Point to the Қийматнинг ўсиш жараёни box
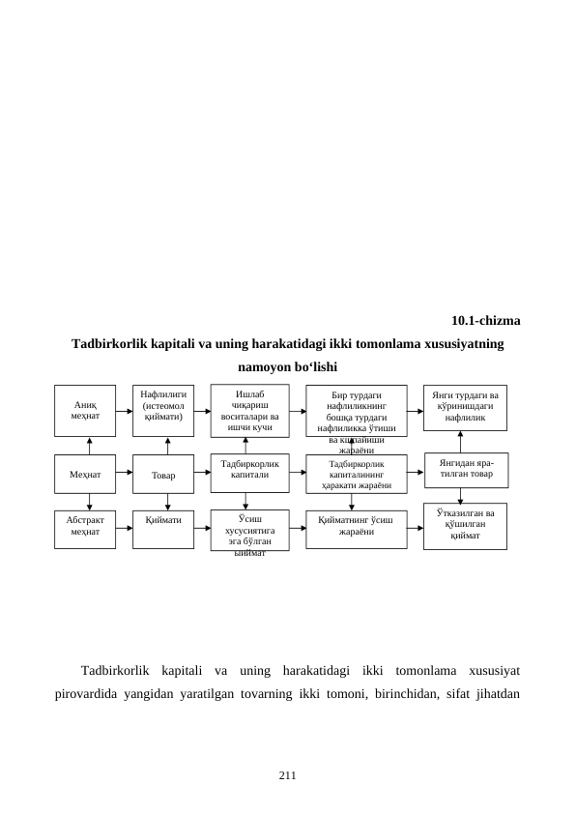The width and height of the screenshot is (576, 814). [356, 528]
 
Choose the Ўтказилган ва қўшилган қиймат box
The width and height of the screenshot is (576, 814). [465, 525]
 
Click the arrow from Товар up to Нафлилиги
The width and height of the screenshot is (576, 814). [168, 446]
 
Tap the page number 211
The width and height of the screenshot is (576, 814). [287, 775]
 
